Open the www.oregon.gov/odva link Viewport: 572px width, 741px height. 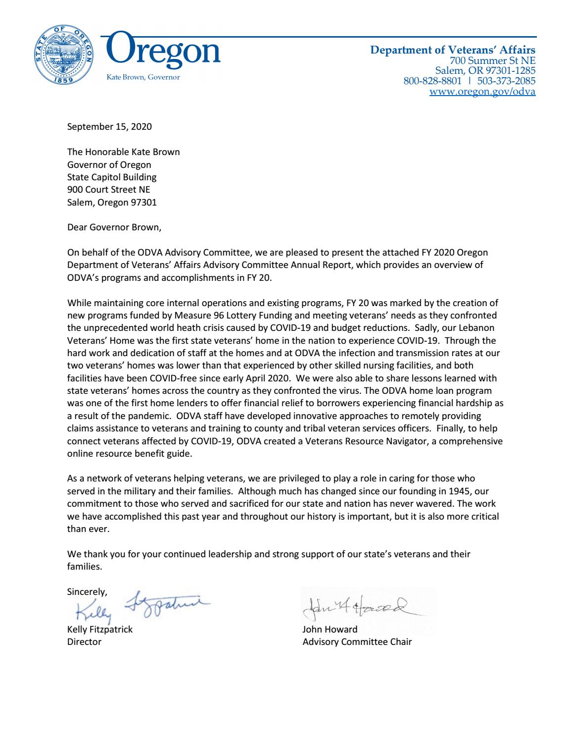point(482,91)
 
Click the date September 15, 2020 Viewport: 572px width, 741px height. point(109,126)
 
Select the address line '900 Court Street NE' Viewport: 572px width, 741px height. point(108,189)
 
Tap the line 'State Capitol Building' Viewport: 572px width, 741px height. point(112,177)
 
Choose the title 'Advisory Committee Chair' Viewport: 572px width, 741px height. point(357,642)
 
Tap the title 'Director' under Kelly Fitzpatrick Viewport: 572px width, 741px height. point(84,642)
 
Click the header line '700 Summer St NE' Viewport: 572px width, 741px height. point(492,60)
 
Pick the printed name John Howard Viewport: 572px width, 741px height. point(330,630)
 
